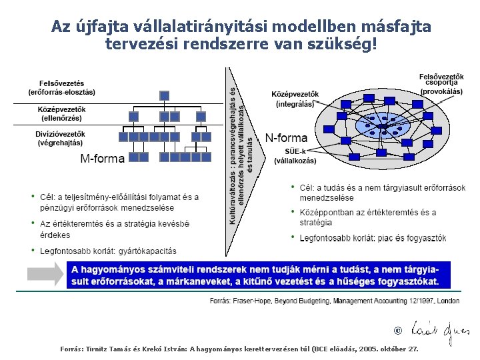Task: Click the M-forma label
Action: point(103,159)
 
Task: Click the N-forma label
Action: point(287,139)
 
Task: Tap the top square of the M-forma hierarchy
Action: point(165,95)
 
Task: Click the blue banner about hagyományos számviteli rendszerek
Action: point(259,275)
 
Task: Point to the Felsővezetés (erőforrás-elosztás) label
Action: point(61,87)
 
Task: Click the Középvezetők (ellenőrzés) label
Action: point(61,113)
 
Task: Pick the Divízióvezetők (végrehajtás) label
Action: point(61,138)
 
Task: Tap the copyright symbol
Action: point(398,330)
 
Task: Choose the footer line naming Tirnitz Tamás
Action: point(239,349)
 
